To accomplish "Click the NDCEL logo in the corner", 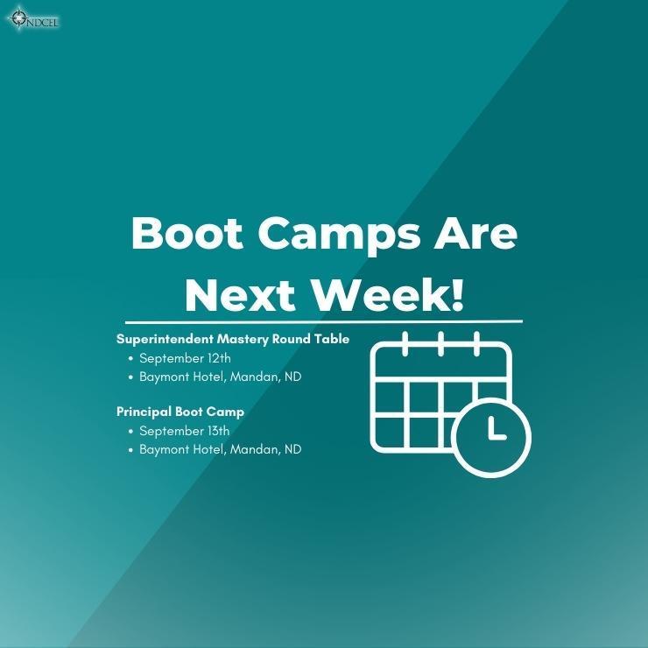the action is click(33, 18).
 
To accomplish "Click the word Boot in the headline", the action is click(187, 233).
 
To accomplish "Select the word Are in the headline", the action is click(476, 233).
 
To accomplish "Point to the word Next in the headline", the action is click(240, 295).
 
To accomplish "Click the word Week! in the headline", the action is click(387, 295).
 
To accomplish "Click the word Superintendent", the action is click(165, 339).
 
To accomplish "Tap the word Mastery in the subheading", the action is click(243, 340).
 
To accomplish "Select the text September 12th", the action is click(185, 358).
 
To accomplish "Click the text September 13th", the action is click(184, 431).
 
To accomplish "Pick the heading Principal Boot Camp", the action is click(180, 412).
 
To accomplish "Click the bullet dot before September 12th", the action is click(131, 359).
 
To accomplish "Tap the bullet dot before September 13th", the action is click(131, 432).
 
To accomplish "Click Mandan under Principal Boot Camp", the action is click(255, 449).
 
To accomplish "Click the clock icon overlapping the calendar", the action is click(491, 438).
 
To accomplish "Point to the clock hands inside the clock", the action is click(496, 428).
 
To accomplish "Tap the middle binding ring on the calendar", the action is click(441, 343).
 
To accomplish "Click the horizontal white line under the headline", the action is click(324, 321).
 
